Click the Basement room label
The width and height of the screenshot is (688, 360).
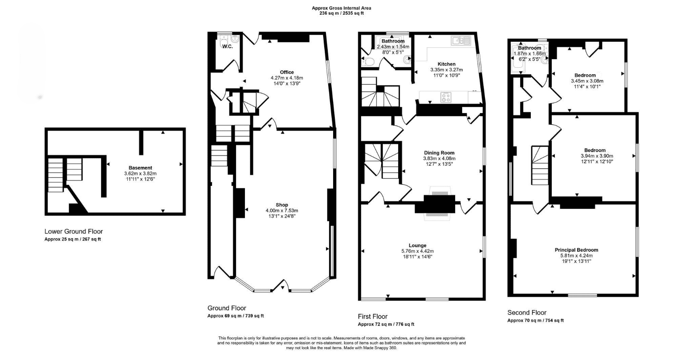(140, 168)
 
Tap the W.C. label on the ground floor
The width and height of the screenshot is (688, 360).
(228, 46)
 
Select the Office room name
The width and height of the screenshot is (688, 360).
(287, 72)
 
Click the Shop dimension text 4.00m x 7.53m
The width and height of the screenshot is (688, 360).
(282, 211)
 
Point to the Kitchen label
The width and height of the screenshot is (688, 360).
(447, 64)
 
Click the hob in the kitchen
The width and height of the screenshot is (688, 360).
(446, 98)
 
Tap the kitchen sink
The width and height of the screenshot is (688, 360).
(461, 41)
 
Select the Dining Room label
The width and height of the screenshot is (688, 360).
(439, 153)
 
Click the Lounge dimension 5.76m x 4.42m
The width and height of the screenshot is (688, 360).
(418, 251)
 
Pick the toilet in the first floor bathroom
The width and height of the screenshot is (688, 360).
(368, 61)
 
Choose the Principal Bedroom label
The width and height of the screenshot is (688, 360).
(577, 250)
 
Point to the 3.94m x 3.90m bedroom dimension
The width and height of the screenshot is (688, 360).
(597, 156)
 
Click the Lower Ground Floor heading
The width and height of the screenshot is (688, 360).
(74, 232)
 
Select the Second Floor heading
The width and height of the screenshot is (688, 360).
(527, 313)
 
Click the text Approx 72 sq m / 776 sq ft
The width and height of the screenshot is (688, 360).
(386, 324)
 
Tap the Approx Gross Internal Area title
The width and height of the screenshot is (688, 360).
(342, 8)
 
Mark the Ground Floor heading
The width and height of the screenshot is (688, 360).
(227, 308)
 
